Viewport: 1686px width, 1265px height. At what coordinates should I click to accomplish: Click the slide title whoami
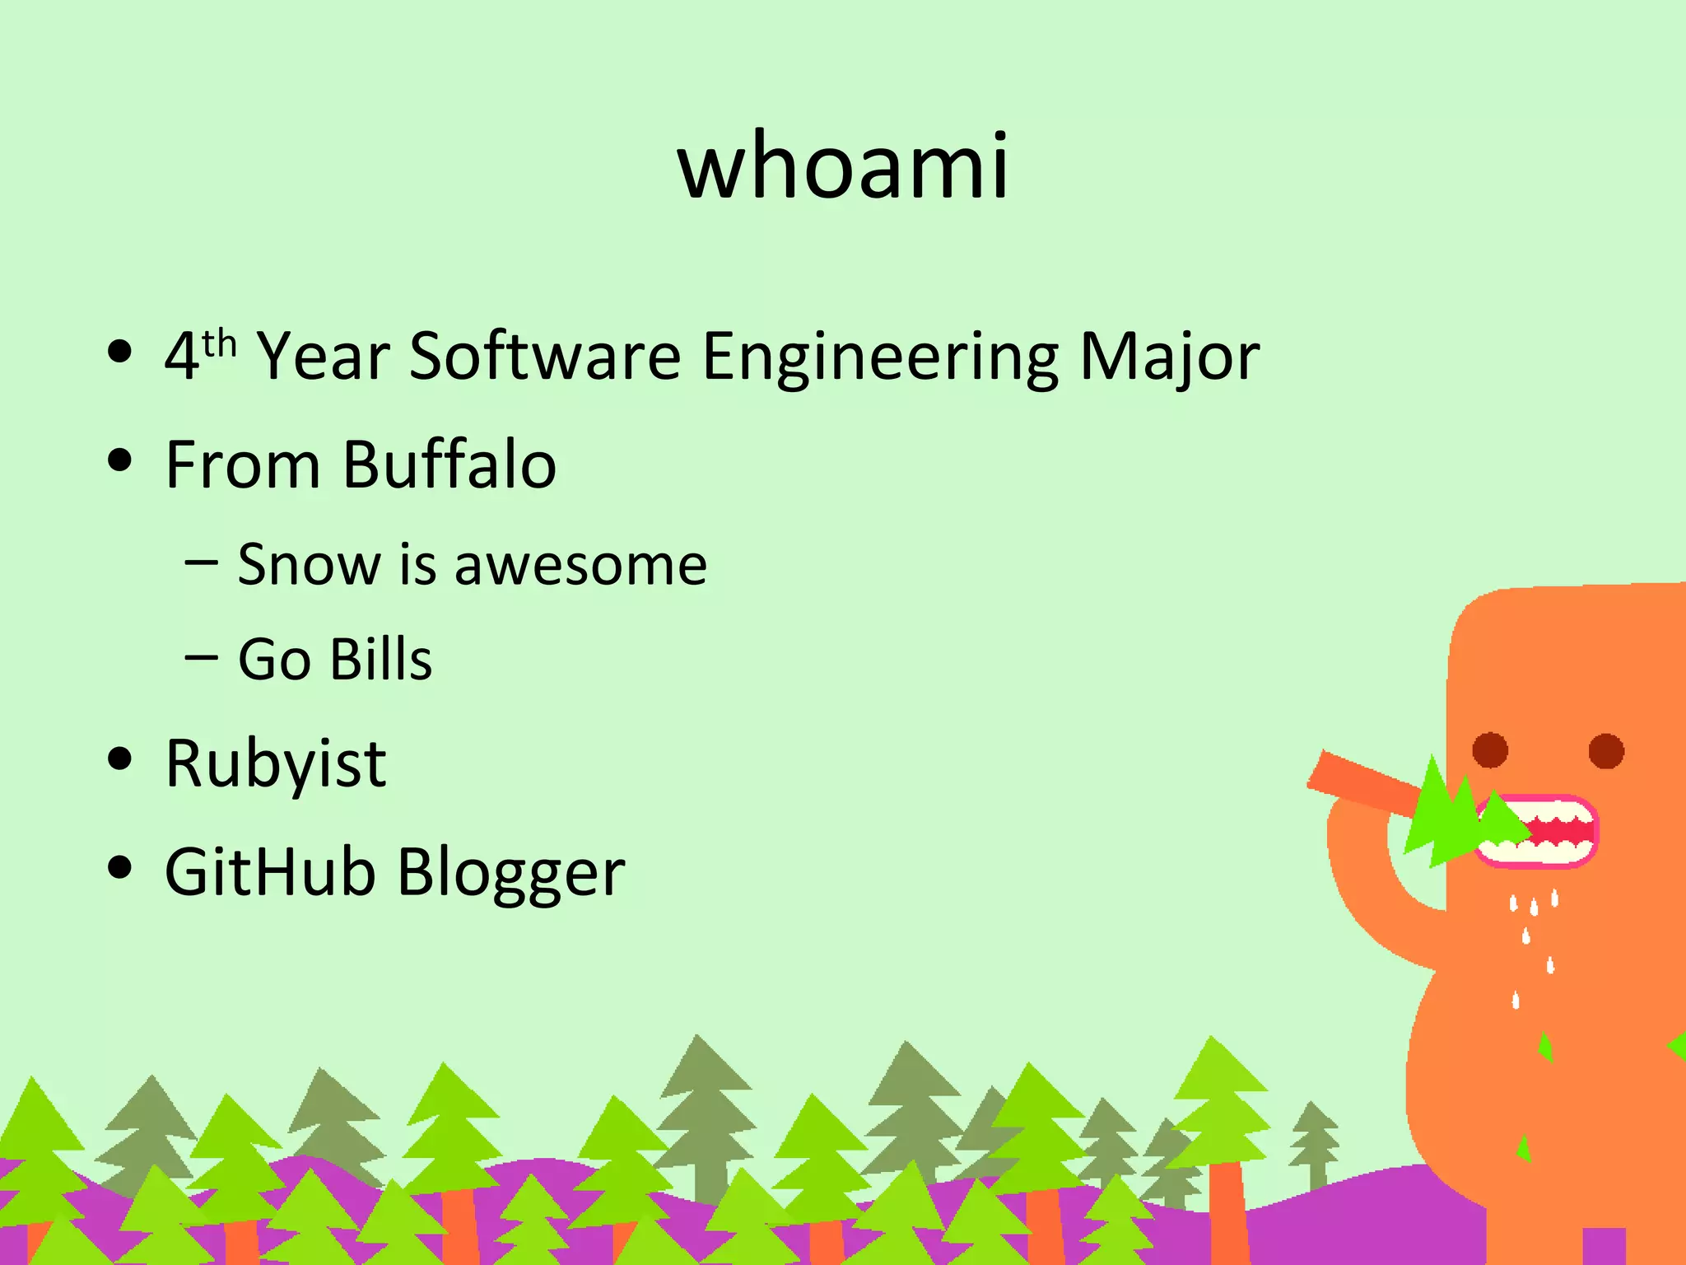pos(843,167)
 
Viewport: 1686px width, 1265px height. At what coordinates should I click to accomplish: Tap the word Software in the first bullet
pos(545,356)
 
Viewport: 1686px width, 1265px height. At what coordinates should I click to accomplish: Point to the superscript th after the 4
pos(220,343)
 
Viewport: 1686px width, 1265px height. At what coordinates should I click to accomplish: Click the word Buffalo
pos(449,464)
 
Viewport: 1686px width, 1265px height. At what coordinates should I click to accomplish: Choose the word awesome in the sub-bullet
pos(580,566)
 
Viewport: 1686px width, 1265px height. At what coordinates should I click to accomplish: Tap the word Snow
pos(308,565)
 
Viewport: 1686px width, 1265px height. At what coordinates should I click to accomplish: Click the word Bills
pos(380,659)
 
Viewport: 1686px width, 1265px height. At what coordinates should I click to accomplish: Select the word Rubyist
pos(275,764)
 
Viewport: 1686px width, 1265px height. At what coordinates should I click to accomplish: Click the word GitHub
pos(270,871)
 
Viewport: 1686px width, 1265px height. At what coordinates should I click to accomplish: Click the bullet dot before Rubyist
pos(120,759)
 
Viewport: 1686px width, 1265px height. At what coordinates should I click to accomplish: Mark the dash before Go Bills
pos(202,657)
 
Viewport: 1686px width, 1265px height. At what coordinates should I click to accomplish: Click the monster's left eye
pos(1489,750)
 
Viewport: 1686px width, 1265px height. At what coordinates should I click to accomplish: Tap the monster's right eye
pos(1606,750)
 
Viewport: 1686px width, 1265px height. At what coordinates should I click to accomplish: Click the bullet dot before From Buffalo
pos(120,460)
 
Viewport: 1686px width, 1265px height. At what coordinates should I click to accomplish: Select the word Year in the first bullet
pos(323,356)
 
